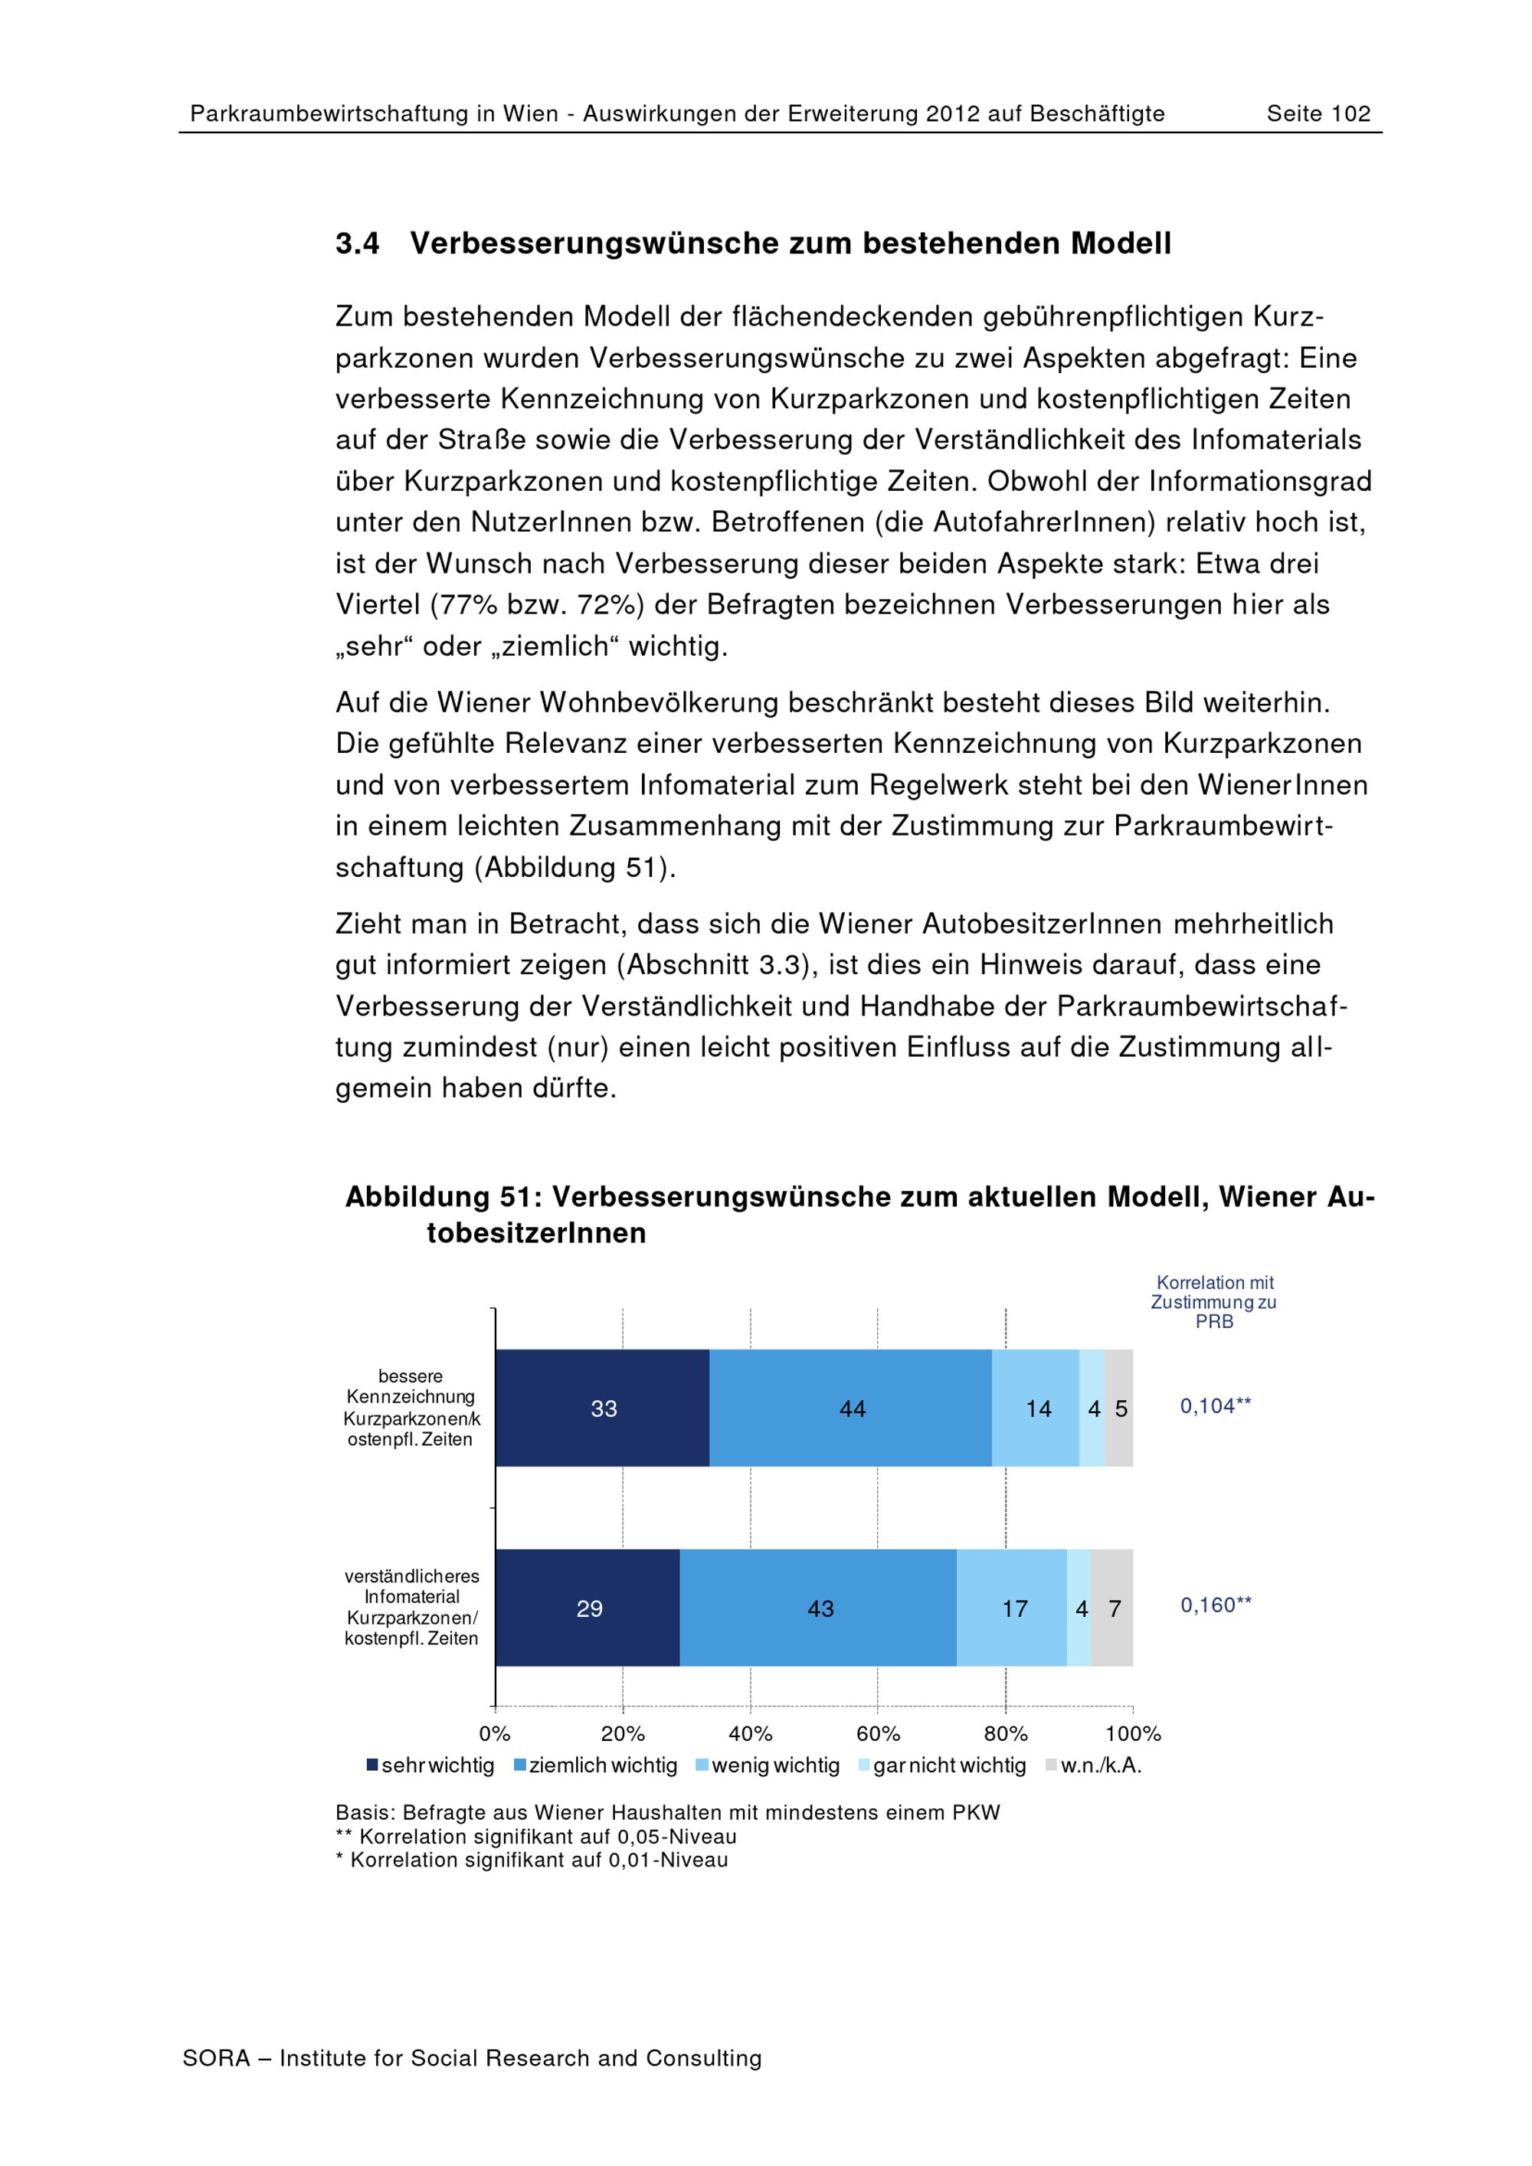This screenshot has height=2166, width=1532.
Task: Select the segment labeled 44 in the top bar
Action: (851, 1408)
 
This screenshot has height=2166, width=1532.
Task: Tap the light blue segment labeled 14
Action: (1036, 1408)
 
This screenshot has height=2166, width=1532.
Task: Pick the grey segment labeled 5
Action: (1120, 1408)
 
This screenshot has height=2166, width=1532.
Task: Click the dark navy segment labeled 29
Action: (588, 1608)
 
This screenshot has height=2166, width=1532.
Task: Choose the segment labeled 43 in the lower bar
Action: (819, 1608)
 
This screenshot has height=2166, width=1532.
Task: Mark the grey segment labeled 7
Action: (1113, 1608)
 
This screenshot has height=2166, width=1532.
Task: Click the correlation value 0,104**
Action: (1215, 1405)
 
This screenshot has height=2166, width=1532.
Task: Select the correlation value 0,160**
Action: (1215, 1605)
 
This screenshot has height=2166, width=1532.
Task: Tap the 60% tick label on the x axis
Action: (877, 1734)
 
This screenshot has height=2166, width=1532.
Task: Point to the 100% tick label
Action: (1132, 1734)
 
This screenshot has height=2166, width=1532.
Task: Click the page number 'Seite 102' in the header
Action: (1318, 114)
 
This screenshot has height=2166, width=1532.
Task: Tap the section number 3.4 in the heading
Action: (358, 244)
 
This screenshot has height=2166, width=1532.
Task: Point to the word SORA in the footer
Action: (216, 2057)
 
